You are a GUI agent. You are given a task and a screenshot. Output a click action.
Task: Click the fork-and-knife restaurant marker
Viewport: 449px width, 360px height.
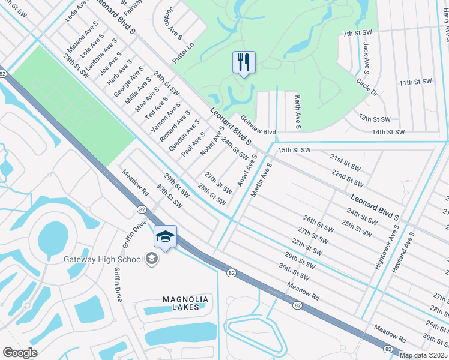point(244,62)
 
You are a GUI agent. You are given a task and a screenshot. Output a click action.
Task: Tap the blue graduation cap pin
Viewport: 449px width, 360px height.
point(165,237)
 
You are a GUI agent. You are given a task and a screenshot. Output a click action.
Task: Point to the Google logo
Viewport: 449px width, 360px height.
point(20,352)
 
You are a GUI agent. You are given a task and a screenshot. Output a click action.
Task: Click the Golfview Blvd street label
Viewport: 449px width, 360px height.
point(258,127)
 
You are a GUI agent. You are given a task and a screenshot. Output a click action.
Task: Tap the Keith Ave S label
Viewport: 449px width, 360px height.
point(297,111)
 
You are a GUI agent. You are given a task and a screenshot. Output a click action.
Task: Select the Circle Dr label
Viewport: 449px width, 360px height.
point(367,86)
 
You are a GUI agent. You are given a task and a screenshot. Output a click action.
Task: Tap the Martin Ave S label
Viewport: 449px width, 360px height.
point(261,179)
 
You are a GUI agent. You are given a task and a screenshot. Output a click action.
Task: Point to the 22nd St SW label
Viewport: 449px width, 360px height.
point(346,177)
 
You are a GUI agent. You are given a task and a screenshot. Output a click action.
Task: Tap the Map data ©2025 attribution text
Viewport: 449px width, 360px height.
point(424,355)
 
